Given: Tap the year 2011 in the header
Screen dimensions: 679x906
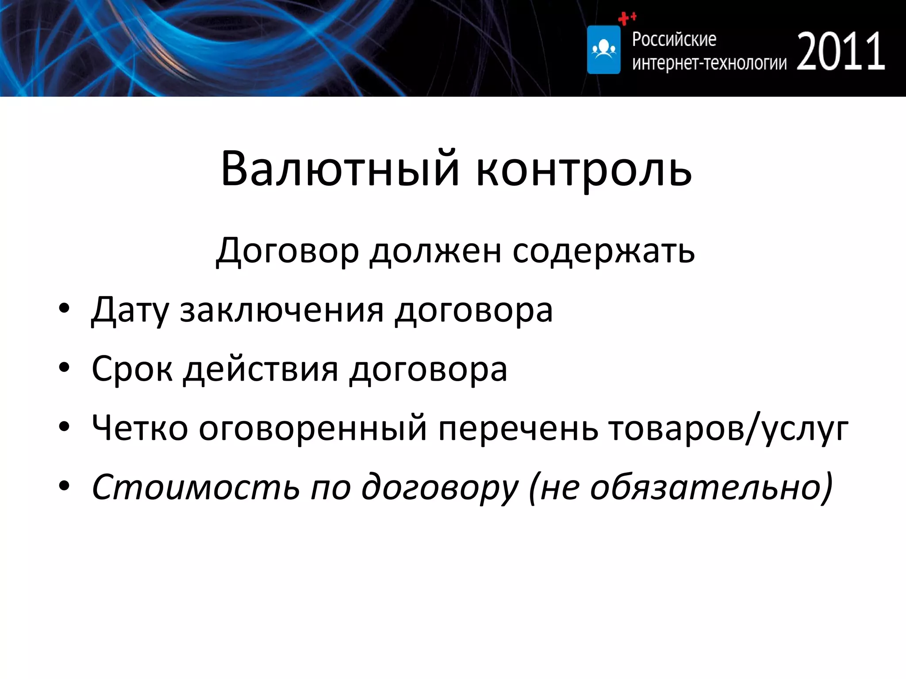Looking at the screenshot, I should pyautogui.click(x=841, y=52).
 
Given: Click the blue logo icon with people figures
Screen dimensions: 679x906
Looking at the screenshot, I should pyautogui.click(x=603, y=50).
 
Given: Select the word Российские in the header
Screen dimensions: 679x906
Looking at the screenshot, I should pyautogui.click(x=674, y=40).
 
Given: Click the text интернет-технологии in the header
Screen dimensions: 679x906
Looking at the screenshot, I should pyautogui.click(x=709, y=64).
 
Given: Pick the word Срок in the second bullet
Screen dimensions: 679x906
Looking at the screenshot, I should pyautogui.click(x=132, y=370).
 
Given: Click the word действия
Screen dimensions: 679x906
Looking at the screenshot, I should pyautogui.click(x=261, y=370).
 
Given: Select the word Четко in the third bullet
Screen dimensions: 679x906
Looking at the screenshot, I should pyautogui.click(x=140, y=428).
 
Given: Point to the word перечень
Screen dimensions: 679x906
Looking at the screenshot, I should pyautogui.click(x=518, y=428).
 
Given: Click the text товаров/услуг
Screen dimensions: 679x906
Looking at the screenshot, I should pyautogui.click(x=728, y=428).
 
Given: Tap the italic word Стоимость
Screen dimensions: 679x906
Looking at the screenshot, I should pyautogui.click(x=195, y=487).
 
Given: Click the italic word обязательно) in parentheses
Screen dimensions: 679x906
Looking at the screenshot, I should pyautogui.click(x=711, y=487).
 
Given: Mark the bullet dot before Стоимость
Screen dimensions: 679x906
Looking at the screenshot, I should pyautogui.click(x=64, y=486).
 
